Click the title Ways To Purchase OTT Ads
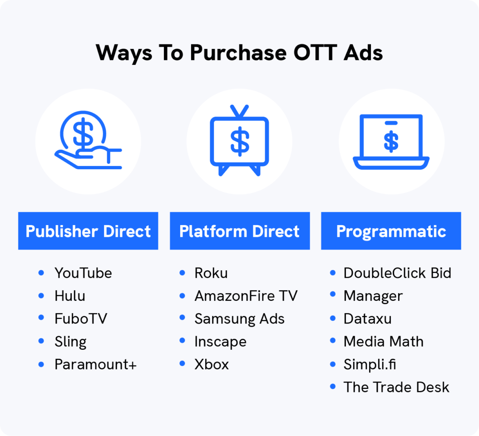(239, 53)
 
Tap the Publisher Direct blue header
(88, 231)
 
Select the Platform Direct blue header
(239, 231)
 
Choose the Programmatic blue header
(391, 231)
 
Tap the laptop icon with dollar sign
(391, 142)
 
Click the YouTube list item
(83, 273)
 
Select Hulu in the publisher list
(70, 296)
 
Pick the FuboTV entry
(81, 319)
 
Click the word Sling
(70, 342)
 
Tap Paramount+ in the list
(95, 364)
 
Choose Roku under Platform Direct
(211, 273)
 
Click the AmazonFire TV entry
(246, 296)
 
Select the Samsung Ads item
(239, 319)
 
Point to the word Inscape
(220, 342)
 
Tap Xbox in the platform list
(212, 364)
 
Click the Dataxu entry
(367, 319)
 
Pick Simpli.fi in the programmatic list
(370, 364)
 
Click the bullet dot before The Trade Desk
(333, 387)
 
